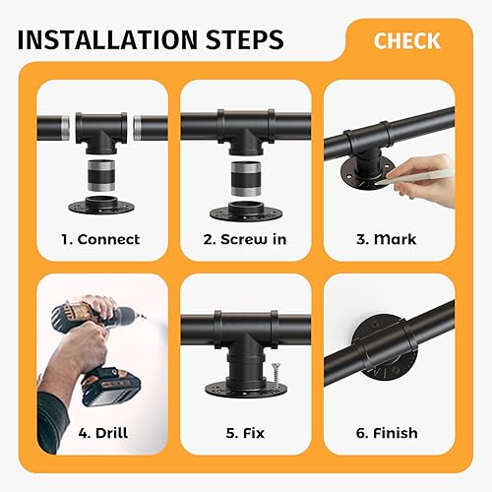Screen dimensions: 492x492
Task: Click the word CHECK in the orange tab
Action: [x=407, y=40]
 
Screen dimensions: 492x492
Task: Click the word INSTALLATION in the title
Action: [x=107, y=39]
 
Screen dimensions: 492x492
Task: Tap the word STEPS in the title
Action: [x=244, y=39]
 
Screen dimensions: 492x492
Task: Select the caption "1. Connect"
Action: [x=100, y=239]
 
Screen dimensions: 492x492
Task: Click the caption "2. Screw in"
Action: [x=245, y=239]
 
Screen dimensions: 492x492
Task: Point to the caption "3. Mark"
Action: [x=387, y=239]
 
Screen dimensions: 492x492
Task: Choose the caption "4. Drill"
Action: [x=103, y=433]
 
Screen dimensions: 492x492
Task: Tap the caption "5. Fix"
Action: [x=245, y=433]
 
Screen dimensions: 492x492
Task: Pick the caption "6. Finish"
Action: [x=387, y=433]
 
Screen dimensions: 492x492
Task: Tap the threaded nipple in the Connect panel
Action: [x=101, y=175]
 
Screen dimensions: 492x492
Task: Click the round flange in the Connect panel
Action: [x=101, y=205]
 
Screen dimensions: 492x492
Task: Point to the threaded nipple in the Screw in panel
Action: [x=246, y=178]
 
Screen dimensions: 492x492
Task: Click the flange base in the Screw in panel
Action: [x=246, y=212]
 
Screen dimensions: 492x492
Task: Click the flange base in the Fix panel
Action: [x=246, y=389]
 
